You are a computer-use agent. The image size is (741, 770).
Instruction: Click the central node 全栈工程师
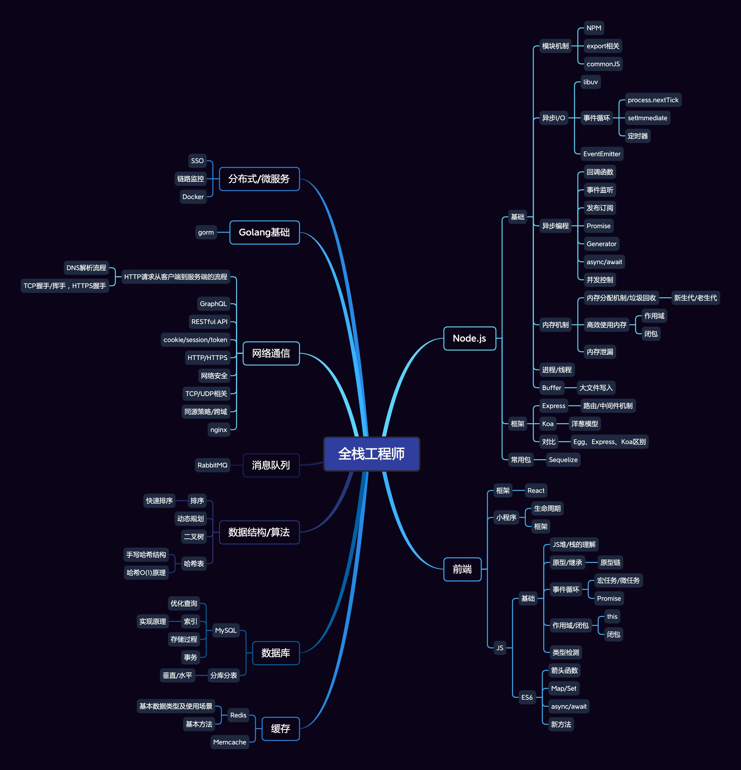tap(371, 454)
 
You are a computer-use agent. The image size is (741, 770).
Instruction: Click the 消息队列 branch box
tap(271, 465)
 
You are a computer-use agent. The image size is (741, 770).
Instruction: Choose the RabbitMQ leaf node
tap(212, 465)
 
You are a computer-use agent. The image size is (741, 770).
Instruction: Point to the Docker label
tap(193, 197)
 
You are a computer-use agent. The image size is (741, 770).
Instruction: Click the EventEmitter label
tap(602, 154)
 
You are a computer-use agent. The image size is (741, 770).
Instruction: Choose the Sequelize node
tap(563, 460)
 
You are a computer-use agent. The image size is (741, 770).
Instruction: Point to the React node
tap(535, 491)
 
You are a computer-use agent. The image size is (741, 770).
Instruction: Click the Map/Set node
tap(563, 688)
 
